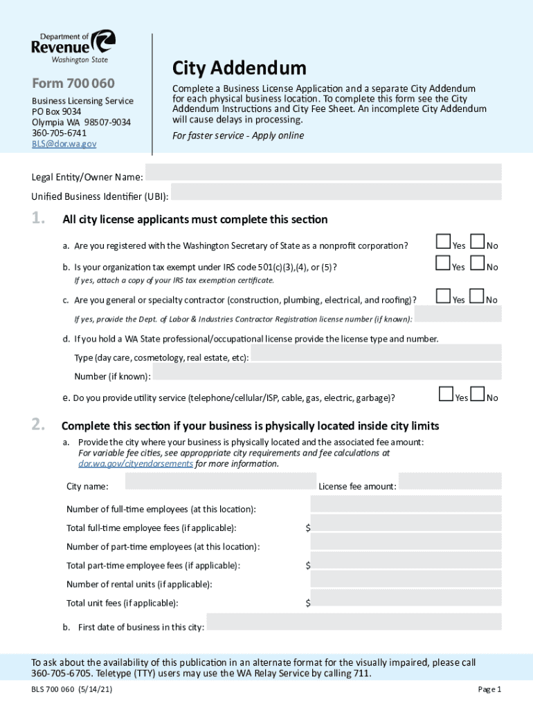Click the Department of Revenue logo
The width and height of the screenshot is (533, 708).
[x=73, y=46]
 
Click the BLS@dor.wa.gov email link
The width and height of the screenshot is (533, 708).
[x=64, y=144]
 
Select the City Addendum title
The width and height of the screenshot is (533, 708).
[x=239, y=68]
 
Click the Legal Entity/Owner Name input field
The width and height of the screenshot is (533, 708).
[x=323, y=172]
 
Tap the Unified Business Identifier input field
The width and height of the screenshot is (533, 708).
[x=336, y=192]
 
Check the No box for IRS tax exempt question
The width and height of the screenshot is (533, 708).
[x=477, y=263]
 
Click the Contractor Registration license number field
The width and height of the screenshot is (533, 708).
[x=458, y=314]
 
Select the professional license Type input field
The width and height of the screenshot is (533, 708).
[x=377, y=353]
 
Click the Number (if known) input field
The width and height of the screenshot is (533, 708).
[x=327, y=372]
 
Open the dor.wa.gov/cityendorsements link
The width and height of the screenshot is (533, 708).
[x=136, y=464]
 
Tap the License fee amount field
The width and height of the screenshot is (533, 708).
[x=450, y=481]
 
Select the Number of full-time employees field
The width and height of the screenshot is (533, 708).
[x=406, y=504]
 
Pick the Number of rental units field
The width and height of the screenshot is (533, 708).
[x=406, y=579]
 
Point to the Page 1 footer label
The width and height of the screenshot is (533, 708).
[x=489, y=689]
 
